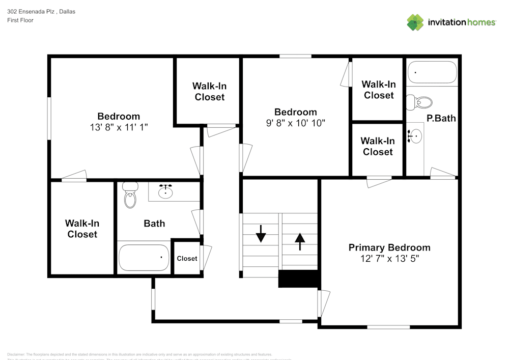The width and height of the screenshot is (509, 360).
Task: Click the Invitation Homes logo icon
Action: pyautogui.click(x=415, y=22)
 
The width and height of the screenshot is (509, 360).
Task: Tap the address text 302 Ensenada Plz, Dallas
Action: pyautogui.click(x=41, y=11)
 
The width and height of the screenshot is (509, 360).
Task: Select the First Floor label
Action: pyautogui.click(x=20, y=20)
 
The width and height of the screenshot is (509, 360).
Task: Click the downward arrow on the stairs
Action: pyautogui.click(x=261, y=236)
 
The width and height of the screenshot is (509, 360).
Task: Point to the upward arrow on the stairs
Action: pyautogui.click(x=299, y=240)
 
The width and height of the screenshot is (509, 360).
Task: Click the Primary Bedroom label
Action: pyautogui.click(x=389, y=247)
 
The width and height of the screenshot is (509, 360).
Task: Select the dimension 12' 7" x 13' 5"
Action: pyautogui.click(x=390, y=259)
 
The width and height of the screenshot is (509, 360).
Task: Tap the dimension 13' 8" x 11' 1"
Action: pyautogui.click(x=119, y=127)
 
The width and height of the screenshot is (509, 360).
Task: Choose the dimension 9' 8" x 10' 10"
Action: pyautogui.click(x=295, y=123)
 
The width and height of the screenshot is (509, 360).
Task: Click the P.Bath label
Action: pyautogui.click(x=441, y=118)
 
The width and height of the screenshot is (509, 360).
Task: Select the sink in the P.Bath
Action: pyautogui.click(x=416, y=136)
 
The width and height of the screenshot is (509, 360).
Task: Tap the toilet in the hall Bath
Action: pyautogui.click(x=131, y=196)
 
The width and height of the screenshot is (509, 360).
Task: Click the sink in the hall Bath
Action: pyautogui.click(x=165, y=191)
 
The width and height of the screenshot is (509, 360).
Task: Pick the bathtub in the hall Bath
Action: pyautogui.click(x=144, y=258)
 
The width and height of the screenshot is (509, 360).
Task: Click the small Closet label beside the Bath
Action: pyautogui.click(x=187, y=259)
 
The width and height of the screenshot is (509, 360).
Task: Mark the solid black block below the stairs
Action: pyautogui.click(x=298, y=279)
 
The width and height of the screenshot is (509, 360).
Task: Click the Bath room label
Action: pyautogui.click(x=154, y=223)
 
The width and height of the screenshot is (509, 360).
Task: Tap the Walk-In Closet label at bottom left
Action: pyautogui.click(x=82, y=229)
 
